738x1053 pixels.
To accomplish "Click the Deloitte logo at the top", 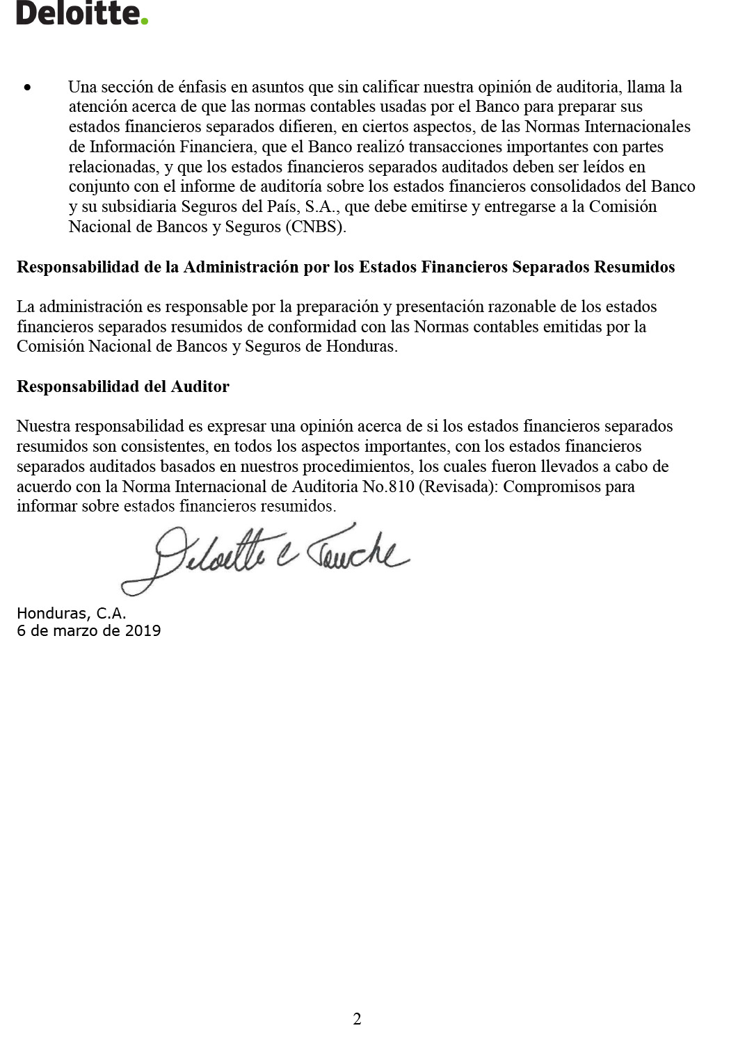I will pos(82,13).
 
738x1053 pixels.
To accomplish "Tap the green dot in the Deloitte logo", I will pos(145,22).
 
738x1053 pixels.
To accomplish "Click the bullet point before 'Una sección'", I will pos(27,88).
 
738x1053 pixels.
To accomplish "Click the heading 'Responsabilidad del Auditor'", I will pos(123,387).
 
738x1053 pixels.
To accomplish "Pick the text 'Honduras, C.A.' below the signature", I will pos(72,614).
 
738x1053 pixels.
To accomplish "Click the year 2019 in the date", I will pos(143,631).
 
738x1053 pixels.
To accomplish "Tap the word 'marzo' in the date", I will pos(73,631).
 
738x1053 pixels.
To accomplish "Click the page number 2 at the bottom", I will pos(357,1020).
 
